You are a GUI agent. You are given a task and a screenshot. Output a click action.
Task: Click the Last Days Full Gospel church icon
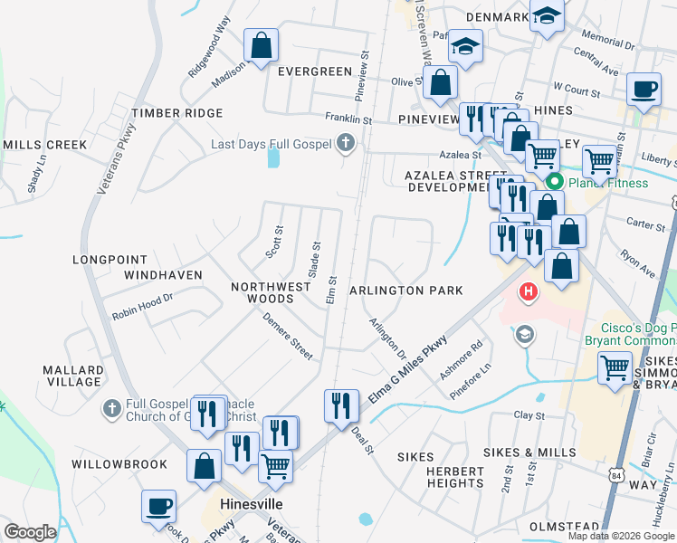[x=345, y=143]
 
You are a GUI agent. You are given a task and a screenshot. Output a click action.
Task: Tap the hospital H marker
[x=528, y=293]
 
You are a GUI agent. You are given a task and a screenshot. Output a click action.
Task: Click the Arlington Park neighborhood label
[x=406, y=291]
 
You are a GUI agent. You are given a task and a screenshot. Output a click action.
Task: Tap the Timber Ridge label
[x=177, y=113]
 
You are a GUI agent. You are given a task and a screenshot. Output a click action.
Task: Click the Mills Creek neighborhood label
[x=44, y=145]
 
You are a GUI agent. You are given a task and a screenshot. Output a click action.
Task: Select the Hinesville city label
[x=253, y=504]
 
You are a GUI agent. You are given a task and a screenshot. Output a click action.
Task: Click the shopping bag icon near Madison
[x=261, y=45]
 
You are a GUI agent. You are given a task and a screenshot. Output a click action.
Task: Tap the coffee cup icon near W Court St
[x=644, y=90]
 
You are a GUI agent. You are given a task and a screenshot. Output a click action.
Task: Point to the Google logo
[x=30, y=532]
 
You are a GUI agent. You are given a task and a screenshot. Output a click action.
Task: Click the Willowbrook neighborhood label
[x=119, y=464]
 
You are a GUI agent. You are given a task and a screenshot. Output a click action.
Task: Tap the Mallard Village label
[x=73, y=376]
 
